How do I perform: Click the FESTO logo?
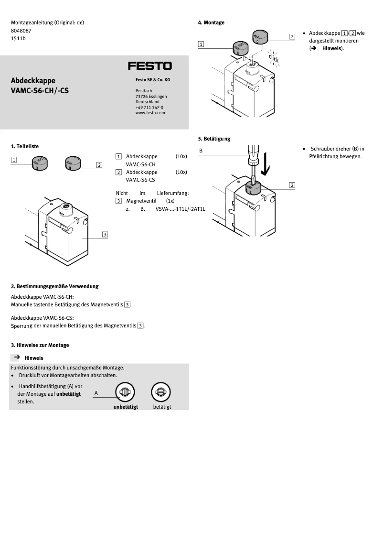pyautogui.click(x=149, y=66)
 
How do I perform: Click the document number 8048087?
pyautogui.click(x=21, y=31)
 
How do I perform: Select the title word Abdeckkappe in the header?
pyautogui.click(x=33, y=80)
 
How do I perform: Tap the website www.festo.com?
pyautogui.click(x=150, y=113)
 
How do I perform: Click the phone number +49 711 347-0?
pyautogui.click(x=149, y=108)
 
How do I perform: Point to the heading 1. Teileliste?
pyautogui.click(x=25, y=146)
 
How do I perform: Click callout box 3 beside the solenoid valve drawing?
pyautogui.click(x=105, y=234)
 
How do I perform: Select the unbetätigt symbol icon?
pyautogui.click(x=125, y=392)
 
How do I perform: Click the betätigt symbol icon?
pyautogui.click(x=160, y=392)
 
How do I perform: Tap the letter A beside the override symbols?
pyautogui.click(x=96, y=393)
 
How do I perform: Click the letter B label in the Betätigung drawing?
pyautogui.click(x=201, y=151)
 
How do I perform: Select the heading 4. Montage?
pyautogui.click(x=211, y=22)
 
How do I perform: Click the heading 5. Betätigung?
pyautogui.click(x=214, y=139)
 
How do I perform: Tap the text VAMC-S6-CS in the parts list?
pyautogui.click(x=140, y=180)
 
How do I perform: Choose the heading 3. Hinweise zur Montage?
pyautogui.click(x=40, y=345)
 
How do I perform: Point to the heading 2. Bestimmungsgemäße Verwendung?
pyautogui.click(x=54, y=286)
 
